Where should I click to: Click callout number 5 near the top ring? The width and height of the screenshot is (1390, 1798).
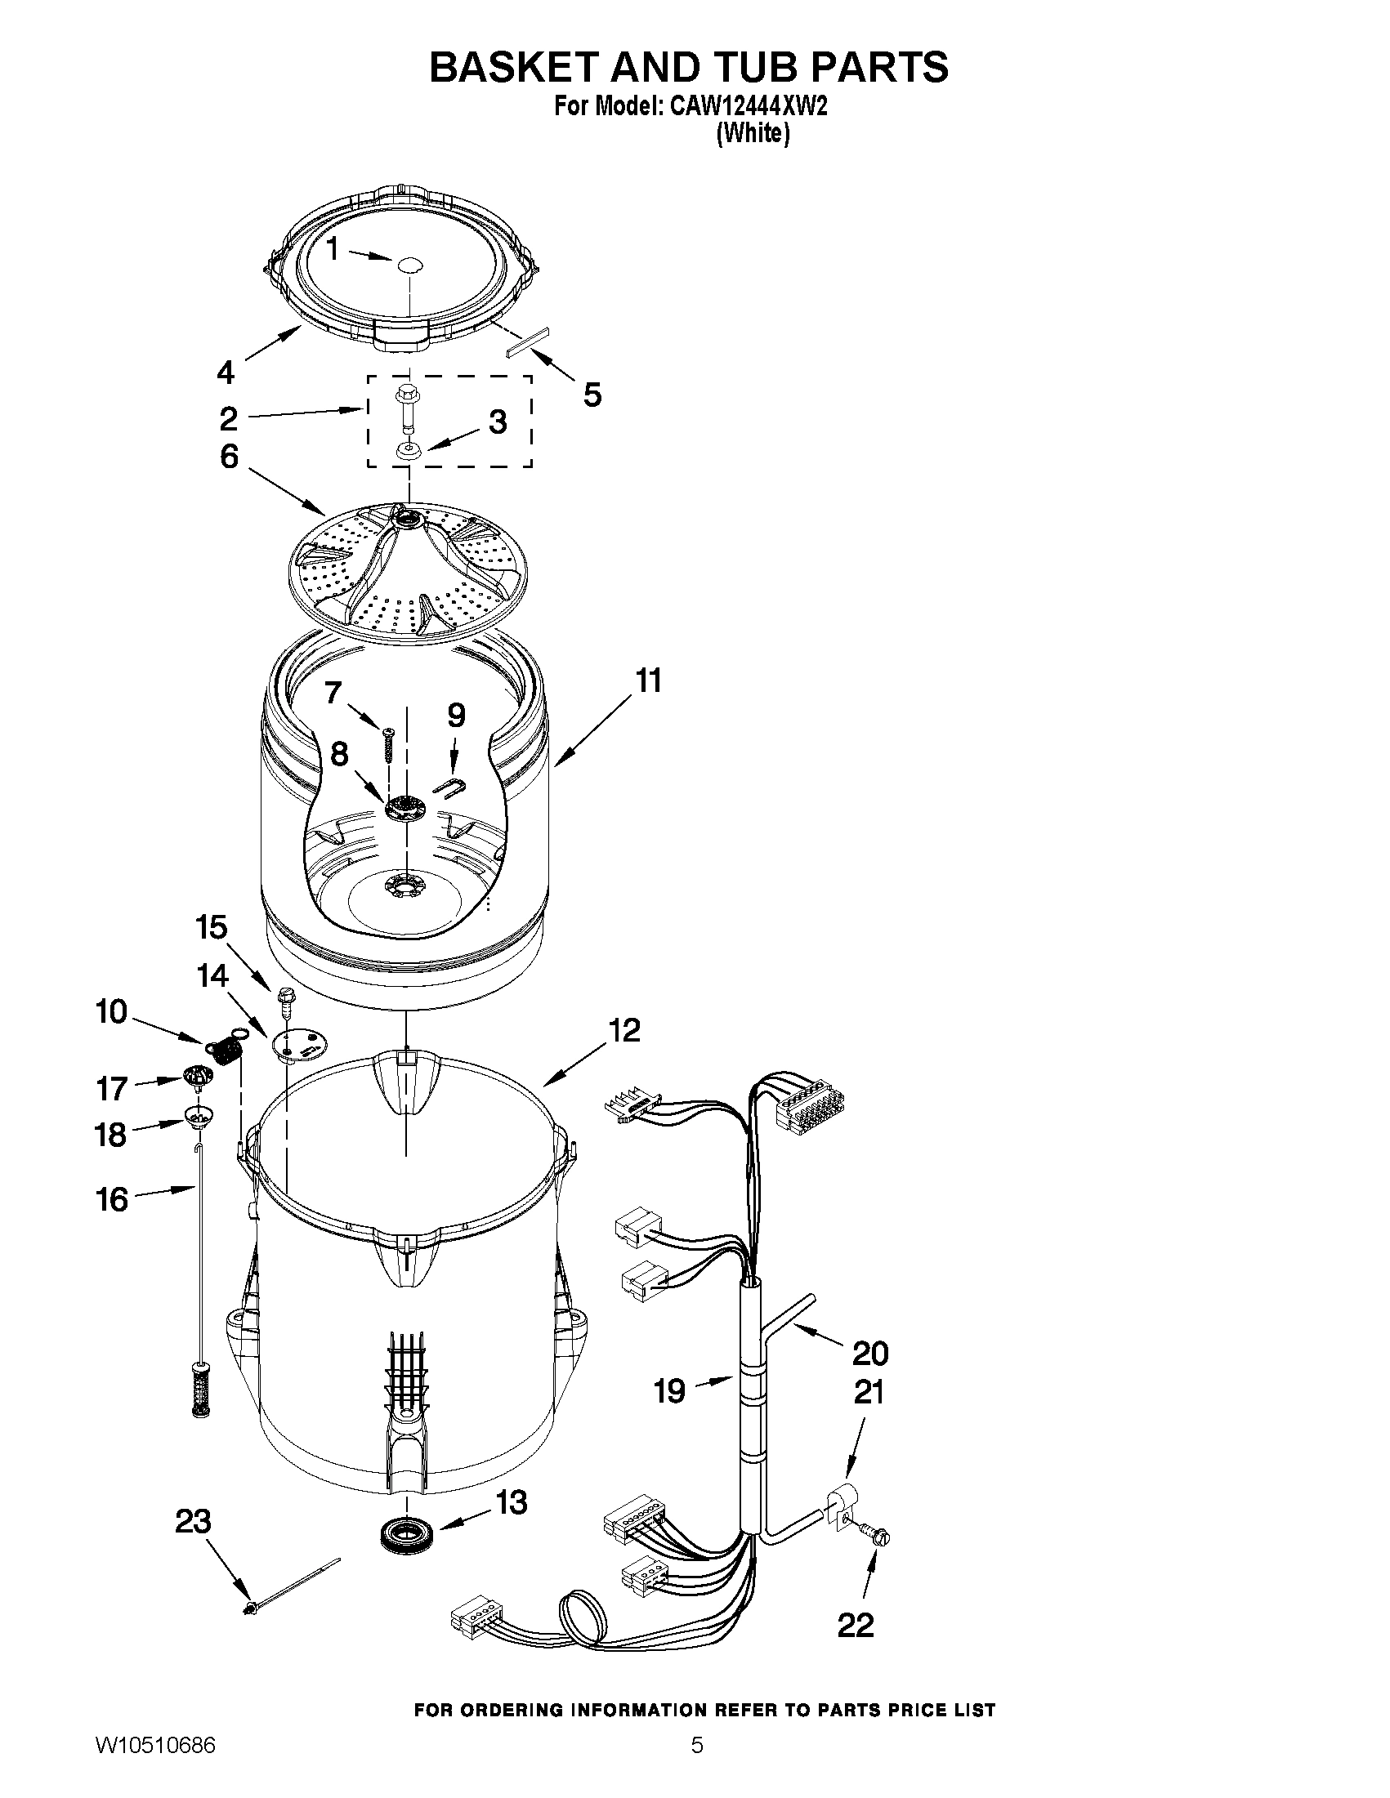click(x=592, y=395)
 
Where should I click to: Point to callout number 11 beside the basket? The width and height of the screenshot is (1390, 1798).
click(x=648, y=681)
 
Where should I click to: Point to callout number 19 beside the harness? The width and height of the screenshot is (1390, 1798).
click(x=668, y=1391)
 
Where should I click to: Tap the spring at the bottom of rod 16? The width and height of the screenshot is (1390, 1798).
click(x=198, y=1392)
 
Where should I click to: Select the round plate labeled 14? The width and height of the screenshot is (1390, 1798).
click(x=299, y=1045)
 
